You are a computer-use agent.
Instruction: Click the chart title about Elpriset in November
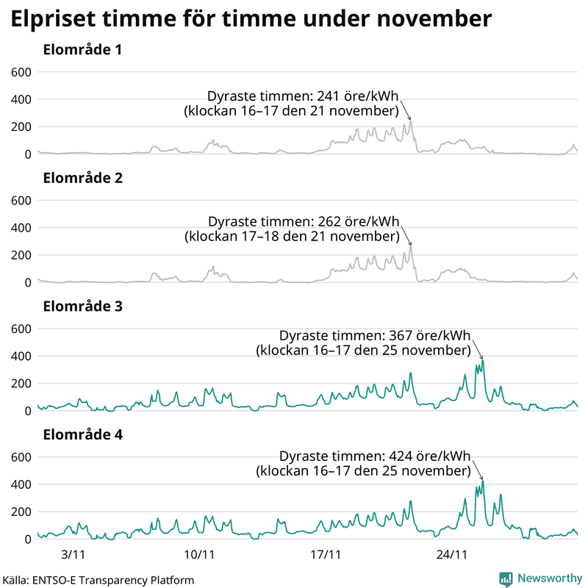[250, 20]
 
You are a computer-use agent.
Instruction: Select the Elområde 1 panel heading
[82, 51]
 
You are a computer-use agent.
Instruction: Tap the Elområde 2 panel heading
[82, 179]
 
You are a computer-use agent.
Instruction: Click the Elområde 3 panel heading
[82, 306]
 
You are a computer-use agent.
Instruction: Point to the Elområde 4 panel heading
[82, 434]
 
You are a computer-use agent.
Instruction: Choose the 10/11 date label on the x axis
[198, 553]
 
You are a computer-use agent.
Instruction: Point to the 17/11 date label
[326, 553]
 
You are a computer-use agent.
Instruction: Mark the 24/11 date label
[453, 553]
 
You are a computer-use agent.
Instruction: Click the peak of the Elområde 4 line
[483, 481]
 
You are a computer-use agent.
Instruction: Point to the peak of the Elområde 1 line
[411, 121]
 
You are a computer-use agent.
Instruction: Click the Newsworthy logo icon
[506, 578]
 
